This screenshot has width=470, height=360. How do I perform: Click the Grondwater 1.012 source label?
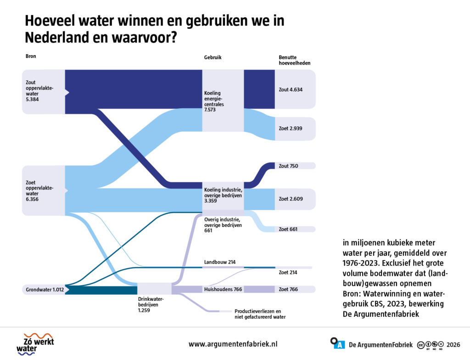point(45,290)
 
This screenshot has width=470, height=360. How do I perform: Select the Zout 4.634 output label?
point(291,89)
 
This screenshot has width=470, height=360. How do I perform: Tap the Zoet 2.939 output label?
point(291,128)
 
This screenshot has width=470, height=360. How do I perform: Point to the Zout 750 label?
point(288,166)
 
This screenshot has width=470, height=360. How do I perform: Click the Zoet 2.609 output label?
point(291,199)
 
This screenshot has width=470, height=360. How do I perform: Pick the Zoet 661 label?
point(288,229)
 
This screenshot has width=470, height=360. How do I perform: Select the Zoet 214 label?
point(288,272)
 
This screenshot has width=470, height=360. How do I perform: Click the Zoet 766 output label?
point(288,289)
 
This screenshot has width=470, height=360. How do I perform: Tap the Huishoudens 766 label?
point(223,289)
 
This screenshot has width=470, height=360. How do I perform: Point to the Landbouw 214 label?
point(220,262)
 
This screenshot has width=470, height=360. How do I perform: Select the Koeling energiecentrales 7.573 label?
point(214,101)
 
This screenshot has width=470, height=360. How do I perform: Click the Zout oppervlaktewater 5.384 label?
point(39,91)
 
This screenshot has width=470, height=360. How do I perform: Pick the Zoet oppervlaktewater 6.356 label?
point(39,191)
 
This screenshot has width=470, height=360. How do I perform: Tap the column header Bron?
point(31,56)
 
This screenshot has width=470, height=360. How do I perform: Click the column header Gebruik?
point(213,57)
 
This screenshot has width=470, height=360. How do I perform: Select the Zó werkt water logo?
point(35,344)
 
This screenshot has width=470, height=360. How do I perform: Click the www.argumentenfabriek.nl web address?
point(233,344)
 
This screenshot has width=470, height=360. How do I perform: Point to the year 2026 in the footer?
point(453,345)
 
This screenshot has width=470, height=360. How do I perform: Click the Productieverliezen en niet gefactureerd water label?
point(260,314)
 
